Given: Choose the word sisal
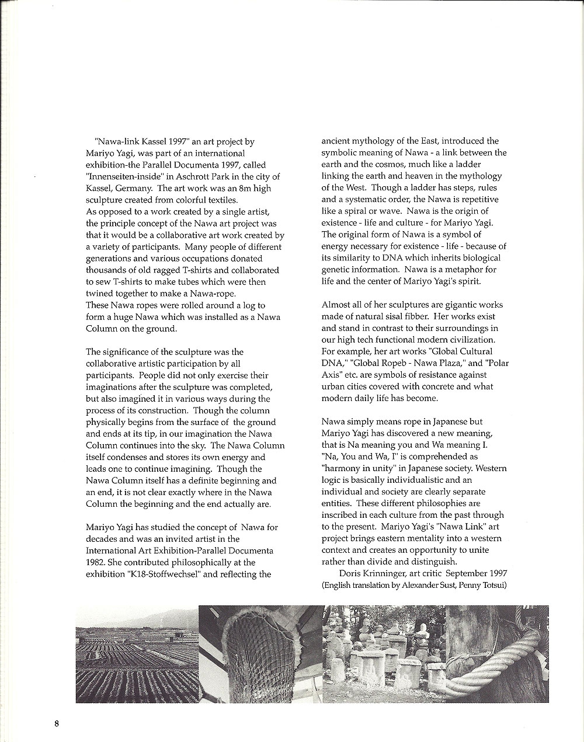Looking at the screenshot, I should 400,316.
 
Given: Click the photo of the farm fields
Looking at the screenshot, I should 137,654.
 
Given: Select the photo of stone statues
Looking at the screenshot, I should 384,654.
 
